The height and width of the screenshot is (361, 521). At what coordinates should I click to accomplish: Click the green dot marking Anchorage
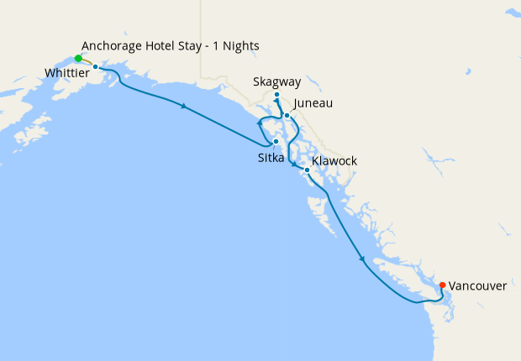click(x=78, y=59)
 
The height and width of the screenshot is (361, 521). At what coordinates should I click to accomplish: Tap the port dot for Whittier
click(x=96, y=66)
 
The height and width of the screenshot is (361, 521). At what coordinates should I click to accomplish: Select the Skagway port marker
click(x=276, y=95)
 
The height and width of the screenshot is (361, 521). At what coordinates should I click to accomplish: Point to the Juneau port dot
click(x=287, y=115)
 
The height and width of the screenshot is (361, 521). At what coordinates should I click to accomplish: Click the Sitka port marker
click(x=276, y=142)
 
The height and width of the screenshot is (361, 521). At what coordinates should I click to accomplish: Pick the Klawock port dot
click(x=307, y=170)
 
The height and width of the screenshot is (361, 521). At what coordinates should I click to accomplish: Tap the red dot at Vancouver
click(x=443, y=285)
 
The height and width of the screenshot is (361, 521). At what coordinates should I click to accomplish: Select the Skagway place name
click(x=276, y=81)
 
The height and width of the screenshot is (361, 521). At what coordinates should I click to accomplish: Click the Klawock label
click(x=334, y=160)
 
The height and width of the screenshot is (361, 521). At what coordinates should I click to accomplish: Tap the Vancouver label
click(x=477, y=286)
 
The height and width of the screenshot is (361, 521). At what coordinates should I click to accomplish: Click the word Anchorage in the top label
click(x=113, y=44)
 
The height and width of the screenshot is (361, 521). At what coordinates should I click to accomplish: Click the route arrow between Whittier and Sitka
click(x=183, y=105)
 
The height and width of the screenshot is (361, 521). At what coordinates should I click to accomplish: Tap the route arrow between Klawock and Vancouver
click(x=362, y=259)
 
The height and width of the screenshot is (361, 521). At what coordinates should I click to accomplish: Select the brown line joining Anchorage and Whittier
click(x=87, y=61)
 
